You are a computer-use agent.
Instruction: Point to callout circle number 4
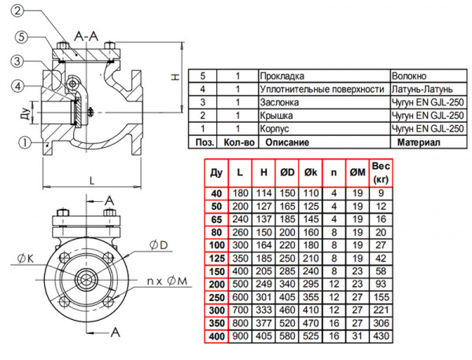point(17,86)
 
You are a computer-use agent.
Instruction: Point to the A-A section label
point(85,37)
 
